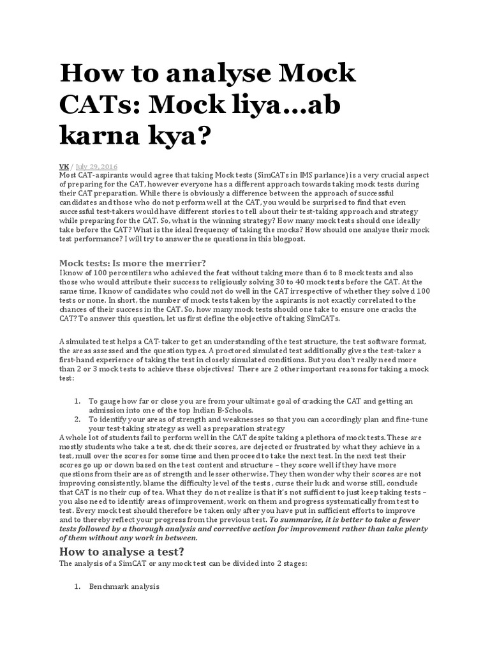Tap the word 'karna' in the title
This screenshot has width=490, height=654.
coord(100,135)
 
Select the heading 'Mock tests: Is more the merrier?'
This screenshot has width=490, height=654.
coord(133,263)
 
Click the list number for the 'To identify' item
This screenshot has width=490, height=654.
coord(76,419)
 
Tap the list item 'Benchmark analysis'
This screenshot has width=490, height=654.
coord(124,586)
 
